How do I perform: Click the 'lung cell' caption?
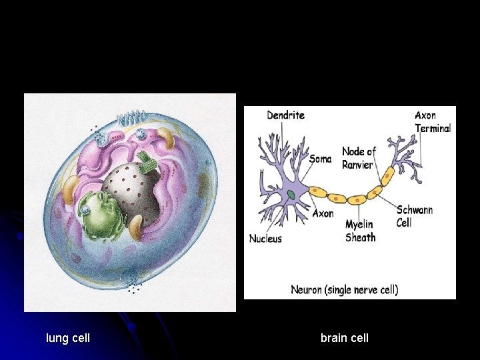click(x=68, y=338)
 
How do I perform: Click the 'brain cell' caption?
click(x=344, y=338)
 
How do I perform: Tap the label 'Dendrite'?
click(x=285, y=115)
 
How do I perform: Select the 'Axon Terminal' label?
click(x=433, y=122)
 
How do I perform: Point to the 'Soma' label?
click(x=320, y=159)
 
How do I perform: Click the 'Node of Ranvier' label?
click(x=358, y=158)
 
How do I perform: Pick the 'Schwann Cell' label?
click(x=414, y=216)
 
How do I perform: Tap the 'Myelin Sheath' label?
click(x=361, y=231)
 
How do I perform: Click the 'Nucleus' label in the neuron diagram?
click(x=265, y=239)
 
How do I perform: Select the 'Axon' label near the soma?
click(x=323, y=214)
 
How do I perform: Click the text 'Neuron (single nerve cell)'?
click(x=344, y=290)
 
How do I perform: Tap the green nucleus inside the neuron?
click(x=291, y=195)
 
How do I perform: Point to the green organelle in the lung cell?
click(x=101, y=213)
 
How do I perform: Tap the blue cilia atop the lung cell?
click(x=129, y=121)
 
